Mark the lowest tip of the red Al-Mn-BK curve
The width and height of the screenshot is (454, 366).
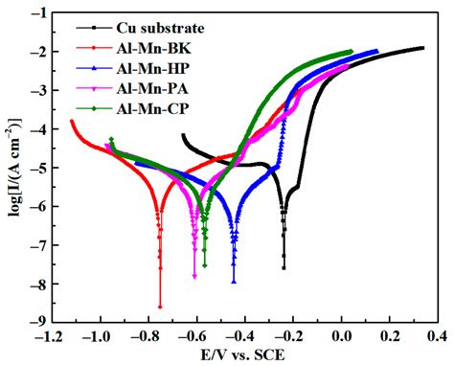click(160, 307)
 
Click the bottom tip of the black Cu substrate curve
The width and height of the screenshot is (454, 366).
click(284, 267)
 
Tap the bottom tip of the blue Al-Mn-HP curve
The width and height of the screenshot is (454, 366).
click(234, 282)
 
